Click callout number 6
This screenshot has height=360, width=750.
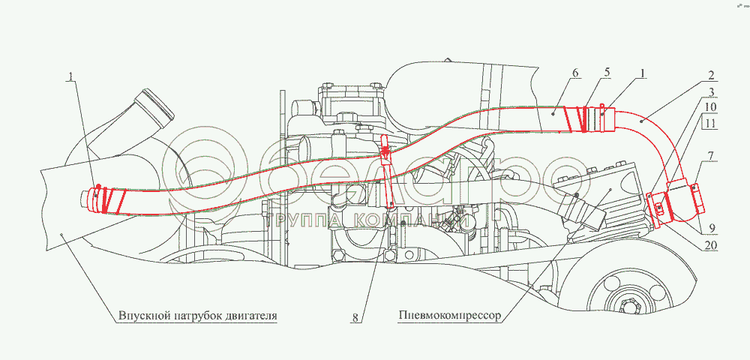574,73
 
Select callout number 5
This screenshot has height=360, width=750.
607,73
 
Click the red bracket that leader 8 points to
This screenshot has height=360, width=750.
386,154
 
